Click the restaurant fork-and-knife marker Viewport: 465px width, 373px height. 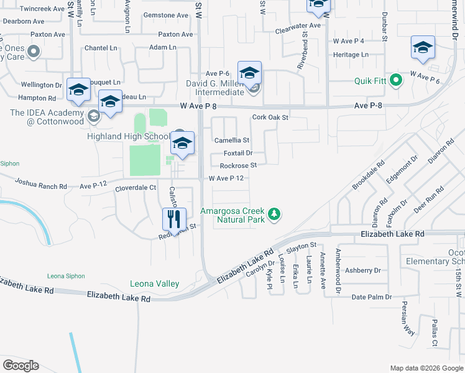point(174,219)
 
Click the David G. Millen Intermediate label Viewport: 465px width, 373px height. point(215,88)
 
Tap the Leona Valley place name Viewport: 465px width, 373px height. point(154,284)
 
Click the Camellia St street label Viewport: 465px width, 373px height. point(231,140)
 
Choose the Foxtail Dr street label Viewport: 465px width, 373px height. point(237,153)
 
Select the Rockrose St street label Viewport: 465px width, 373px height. point(238,166)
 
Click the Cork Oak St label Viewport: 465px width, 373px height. point(270,117)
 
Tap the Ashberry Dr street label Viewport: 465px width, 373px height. point(363,270)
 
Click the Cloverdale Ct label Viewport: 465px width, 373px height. point(135,188)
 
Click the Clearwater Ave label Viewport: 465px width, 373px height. point(298,26)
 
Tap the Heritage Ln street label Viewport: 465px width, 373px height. point(351,55)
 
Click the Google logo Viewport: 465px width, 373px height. point(21,365)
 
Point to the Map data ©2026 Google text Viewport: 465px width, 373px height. point(425,368)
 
